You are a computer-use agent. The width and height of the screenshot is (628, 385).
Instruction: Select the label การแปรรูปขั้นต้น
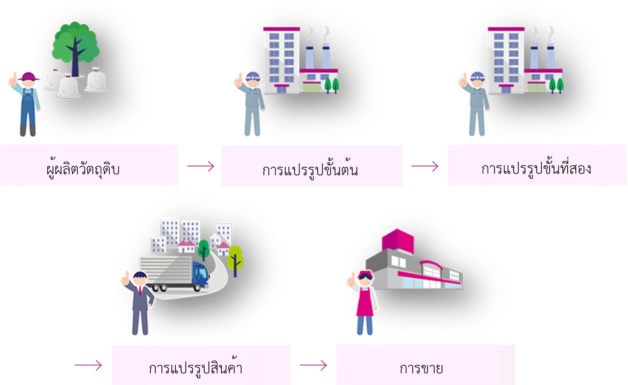(x=310, y=169)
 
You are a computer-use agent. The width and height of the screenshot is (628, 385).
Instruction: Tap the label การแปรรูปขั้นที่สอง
(x=536, y=168)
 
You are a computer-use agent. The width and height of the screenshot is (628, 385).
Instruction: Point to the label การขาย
(x=421, y=368)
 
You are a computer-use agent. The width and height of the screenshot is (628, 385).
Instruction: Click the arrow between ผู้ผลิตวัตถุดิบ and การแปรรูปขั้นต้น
(x=201, y=166)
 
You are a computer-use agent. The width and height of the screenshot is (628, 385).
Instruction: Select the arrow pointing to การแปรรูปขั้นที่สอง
(x=425, y=166)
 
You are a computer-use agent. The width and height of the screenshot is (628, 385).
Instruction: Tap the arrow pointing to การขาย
(x=313, y=365)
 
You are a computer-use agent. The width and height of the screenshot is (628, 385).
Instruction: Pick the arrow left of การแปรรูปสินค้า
(x=88, y=365)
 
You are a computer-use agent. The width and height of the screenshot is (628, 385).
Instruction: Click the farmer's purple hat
(x=28, y=76)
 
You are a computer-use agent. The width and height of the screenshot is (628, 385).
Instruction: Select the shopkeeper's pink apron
(x=365, y=304)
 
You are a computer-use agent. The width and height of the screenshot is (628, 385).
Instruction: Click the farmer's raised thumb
(x=13, y=79)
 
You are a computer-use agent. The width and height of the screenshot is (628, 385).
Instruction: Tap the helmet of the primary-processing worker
(x=253, y=75)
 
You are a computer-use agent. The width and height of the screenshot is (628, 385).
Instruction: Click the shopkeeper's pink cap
(x=366, y=274)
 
